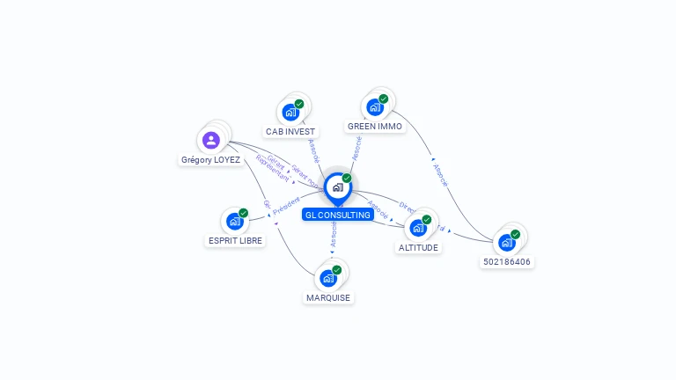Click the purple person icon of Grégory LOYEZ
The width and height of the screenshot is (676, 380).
point(210,140)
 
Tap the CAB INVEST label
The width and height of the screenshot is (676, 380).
point(290,131)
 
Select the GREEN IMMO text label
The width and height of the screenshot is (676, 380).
point(374,126)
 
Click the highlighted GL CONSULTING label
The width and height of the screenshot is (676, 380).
point(337,215)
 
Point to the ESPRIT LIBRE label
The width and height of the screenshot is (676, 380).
point(235,240)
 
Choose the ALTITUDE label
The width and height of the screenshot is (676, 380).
point(418,247)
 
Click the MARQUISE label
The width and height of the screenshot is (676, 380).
point(328,297)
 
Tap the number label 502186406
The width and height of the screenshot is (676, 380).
point(508,261)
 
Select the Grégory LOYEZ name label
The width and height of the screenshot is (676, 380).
point(210,160)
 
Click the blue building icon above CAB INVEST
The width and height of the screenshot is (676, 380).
point(290,113)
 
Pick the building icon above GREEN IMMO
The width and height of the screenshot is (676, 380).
point(375,107)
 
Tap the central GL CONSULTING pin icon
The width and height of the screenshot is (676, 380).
point(337,187)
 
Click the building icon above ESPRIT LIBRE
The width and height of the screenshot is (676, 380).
point(235,222)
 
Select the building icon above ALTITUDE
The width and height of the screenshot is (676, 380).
point(418,228)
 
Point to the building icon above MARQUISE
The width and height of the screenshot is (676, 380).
point(328,279)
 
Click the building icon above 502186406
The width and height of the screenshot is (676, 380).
point(507,243)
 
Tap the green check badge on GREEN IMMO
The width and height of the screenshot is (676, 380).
point(384,99)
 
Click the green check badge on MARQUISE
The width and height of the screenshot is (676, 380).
point(337,270)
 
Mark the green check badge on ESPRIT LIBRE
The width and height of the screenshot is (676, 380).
point(244,213)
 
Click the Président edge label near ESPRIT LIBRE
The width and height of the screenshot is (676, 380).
point(286,208)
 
